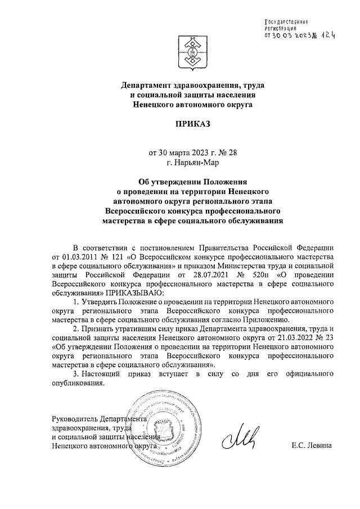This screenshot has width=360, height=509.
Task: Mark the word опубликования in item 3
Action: pos(78,384)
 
